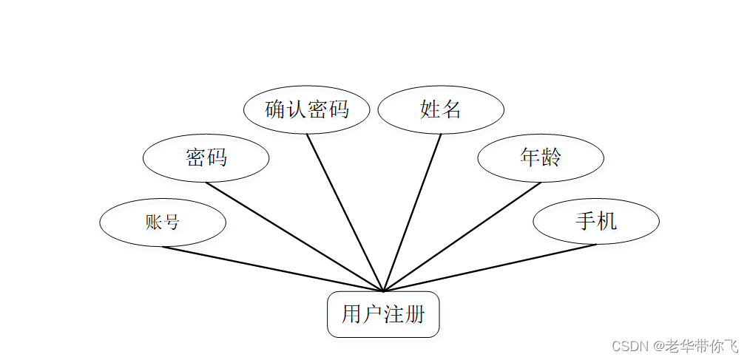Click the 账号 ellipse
point(163,222)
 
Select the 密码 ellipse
point(206,157)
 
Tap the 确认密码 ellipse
point(306,109)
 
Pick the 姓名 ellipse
point(441,109)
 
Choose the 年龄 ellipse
point(541,157)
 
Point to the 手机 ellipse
point(596,221)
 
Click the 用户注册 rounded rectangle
point(383,314)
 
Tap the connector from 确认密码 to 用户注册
point(345,211)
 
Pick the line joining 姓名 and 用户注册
point(412,212)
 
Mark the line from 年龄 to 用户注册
point(462,237)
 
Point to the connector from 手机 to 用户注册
point(490,268)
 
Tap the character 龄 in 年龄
point(551,157)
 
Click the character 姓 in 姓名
point(430,109)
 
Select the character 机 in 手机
point(607,221)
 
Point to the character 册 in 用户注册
point(416,314)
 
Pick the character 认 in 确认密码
point(296,109)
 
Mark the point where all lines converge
point(383,291)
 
